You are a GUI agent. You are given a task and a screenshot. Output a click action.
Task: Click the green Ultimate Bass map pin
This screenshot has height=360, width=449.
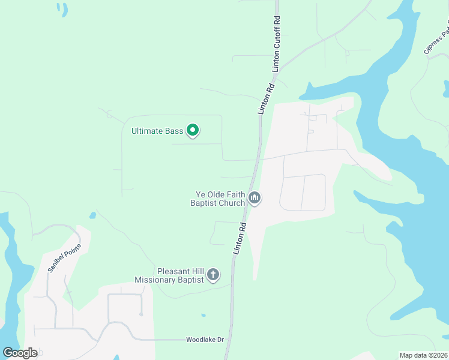(193, 130)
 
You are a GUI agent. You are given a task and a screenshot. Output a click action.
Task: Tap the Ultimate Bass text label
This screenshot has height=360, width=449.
(157, 130)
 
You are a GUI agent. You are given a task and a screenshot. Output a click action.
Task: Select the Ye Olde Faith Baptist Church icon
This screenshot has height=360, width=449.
(255, 198)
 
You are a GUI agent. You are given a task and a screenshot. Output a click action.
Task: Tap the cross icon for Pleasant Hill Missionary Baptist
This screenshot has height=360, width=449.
(212, 275)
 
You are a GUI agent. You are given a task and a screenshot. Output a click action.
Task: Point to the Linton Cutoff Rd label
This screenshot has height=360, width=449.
(277, 44)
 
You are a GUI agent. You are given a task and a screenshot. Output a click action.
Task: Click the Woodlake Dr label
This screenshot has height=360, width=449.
(204, 340)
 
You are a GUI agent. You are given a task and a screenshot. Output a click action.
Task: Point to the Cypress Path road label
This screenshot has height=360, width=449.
(436, 40)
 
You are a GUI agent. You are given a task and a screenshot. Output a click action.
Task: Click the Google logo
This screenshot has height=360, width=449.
(19, 353)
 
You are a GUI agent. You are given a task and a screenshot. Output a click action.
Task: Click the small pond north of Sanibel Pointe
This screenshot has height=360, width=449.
(92, 215)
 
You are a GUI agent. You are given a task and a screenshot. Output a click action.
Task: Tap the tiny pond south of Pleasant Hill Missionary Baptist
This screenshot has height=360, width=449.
(203, 314)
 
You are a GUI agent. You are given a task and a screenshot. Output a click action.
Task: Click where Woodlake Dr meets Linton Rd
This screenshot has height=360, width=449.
(228, 340)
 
